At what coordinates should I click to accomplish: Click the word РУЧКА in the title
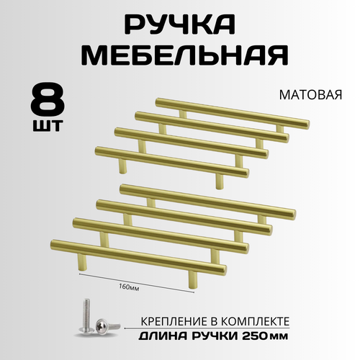[179, 27]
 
